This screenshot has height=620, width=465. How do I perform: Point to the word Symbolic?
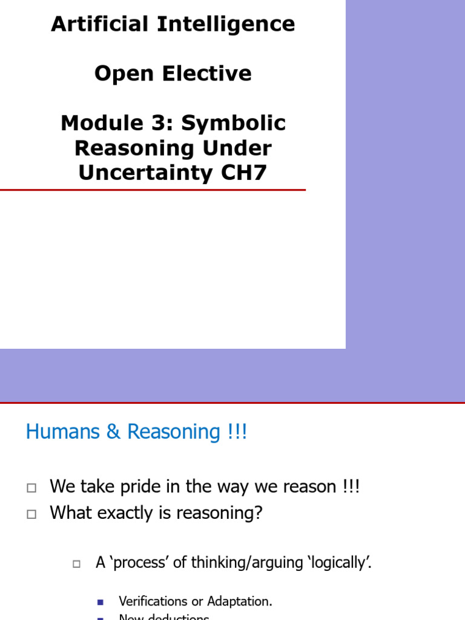pyautogui.click(x=234, y=124)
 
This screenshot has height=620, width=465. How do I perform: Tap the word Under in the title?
pyautogui.click(x=241, y=148)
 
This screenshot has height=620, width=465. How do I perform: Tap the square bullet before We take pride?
pyautogui.click(x=32, y=487)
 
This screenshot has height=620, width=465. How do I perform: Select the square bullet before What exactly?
pyautogui.click(x=32, y=514)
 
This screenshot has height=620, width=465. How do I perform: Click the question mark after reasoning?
pyautogui.click(x=259, y=513)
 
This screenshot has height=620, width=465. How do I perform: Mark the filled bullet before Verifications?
pyautogui.click(x=101, y=602)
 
